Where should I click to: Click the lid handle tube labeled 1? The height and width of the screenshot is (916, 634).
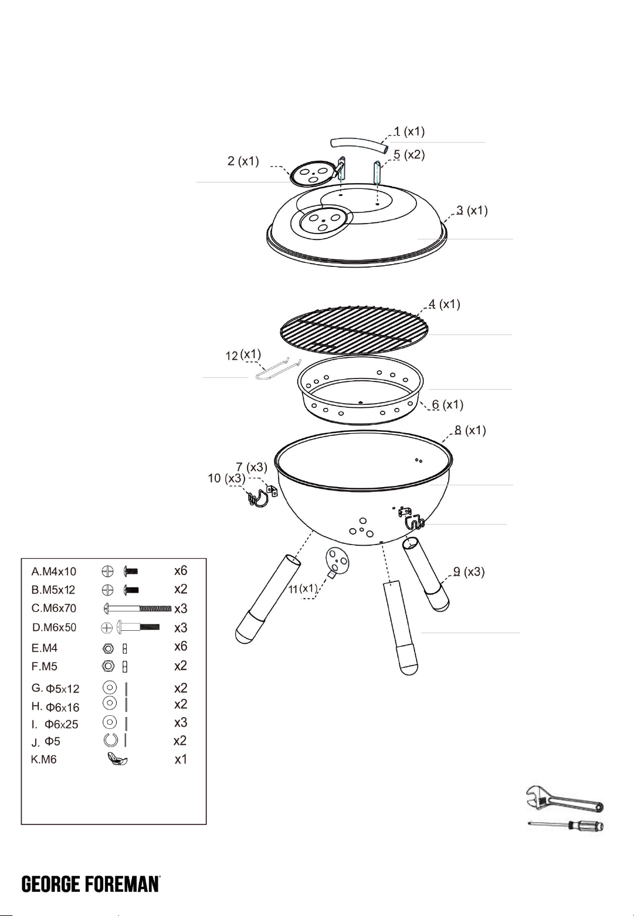358,145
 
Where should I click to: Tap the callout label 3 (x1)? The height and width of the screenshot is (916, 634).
472,211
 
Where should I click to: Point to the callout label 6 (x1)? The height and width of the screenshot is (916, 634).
447,404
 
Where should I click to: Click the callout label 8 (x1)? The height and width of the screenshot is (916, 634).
470,430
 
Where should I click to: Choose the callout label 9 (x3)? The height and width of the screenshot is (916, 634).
469,572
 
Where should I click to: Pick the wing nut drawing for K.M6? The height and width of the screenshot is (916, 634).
117,759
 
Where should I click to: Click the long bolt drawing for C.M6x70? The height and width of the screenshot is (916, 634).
137,609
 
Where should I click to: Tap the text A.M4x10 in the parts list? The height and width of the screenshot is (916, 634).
53,572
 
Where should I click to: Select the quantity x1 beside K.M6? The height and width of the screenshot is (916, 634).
181,759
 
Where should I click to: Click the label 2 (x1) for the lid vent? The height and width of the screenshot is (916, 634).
243,161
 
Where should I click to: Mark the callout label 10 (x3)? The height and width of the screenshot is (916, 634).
226,478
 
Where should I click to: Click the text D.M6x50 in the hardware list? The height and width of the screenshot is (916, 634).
54,627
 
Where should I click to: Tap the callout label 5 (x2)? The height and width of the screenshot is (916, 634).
409,155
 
